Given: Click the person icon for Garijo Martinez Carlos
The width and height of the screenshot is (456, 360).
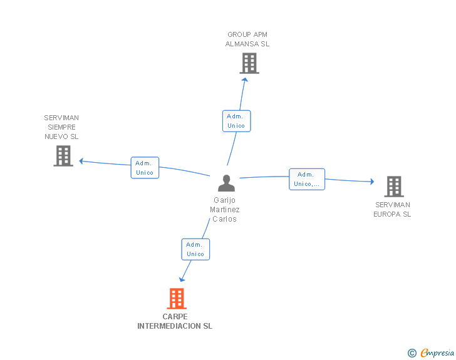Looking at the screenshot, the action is pos(226,183).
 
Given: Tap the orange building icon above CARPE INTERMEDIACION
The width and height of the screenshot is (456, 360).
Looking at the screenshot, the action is pos(177,299).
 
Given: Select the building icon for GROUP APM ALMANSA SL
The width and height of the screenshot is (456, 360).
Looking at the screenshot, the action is pos(249,63).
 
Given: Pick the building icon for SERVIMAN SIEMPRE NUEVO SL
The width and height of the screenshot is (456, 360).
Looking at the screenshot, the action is pos(63,156).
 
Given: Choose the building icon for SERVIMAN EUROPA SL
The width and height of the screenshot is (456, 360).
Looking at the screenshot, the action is pos(394,187).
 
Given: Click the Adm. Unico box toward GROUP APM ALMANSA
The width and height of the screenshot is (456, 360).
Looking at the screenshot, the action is pos(236,121).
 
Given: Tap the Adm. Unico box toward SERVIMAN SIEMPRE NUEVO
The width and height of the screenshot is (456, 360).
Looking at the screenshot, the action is pos(145,168).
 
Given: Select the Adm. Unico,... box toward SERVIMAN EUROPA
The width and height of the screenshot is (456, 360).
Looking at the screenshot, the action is pos(307,179).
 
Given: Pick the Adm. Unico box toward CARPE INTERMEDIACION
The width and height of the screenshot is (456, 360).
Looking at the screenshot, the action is pos(195,250).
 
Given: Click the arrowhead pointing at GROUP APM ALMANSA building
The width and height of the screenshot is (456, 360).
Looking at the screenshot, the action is pos(245,80).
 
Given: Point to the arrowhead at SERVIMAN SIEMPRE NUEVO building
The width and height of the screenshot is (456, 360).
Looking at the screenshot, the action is pos(81,161).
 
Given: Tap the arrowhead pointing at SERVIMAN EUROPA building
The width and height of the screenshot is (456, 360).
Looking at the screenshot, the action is pos(372,182).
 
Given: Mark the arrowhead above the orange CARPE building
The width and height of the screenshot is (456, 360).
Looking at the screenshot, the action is pos(182,279).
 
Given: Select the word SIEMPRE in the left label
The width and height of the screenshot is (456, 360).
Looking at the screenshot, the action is pos(61,127).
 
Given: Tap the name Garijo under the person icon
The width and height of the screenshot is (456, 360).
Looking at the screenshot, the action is pos(224,200).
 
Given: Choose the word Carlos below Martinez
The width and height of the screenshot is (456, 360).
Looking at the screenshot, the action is pos(224,219).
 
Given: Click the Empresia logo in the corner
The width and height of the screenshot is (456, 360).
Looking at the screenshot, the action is pos(431,352).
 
